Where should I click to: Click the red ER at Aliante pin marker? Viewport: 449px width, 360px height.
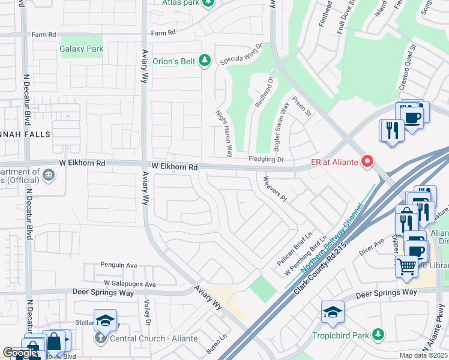point(366,161)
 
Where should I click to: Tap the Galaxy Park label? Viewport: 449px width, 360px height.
point(82,49)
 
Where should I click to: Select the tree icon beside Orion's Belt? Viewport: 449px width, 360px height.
point(205,60)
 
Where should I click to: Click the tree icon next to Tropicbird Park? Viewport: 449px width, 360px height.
point(378,334)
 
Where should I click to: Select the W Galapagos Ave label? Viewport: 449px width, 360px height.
point(130,284)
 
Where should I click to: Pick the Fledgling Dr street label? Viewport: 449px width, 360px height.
point(266,159)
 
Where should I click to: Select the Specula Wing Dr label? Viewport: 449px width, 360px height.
point(242,53)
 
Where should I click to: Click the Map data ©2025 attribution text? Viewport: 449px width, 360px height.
point(423,355)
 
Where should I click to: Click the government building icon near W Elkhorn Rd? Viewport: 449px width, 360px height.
point(49,175)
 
